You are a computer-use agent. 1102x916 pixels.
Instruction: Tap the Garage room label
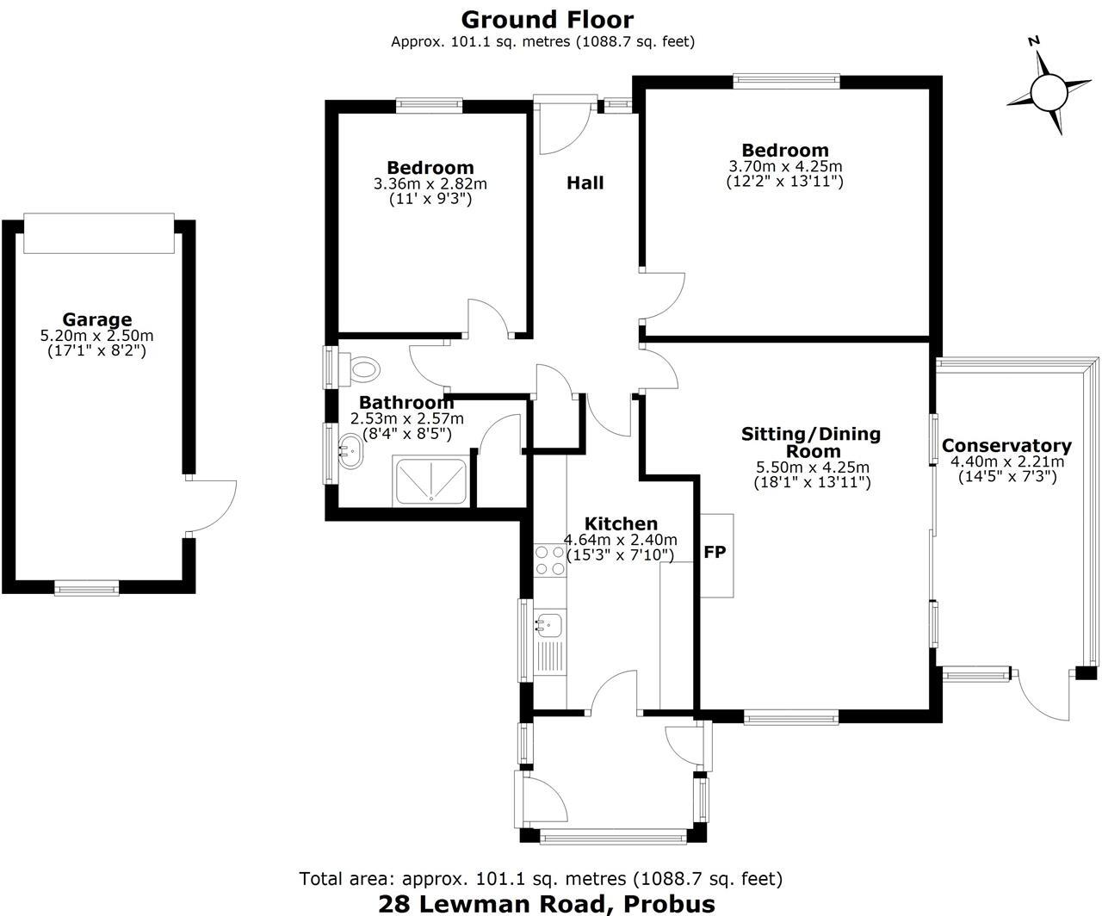tap(96, 320)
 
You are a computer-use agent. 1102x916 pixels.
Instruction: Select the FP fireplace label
tap(715, 553)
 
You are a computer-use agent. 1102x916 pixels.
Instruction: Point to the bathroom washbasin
tap(350, 448)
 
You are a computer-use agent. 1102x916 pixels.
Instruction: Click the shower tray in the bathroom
tap(430, 480)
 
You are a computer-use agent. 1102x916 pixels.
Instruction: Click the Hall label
tap(585, 183)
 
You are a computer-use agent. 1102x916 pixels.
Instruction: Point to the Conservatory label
tap(1006, 446)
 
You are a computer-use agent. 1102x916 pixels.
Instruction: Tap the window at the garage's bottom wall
tap(86, 588)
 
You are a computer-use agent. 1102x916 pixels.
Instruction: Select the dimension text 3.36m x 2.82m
tap(430, 183)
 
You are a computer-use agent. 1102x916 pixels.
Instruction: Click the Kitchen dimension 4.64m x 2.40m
tap(620, 540)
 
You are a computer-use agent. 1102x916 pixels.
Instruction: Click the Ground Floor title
tap(547, 19)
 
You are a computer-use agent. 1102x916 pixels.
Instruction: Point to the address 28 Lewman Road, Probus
tap(547, 903)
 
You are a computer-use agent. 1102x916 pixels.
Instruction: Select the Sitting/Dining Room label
tap(811, 443)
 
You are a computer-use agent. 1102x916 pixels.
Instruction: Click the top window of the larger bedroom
tap(785, 81)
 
